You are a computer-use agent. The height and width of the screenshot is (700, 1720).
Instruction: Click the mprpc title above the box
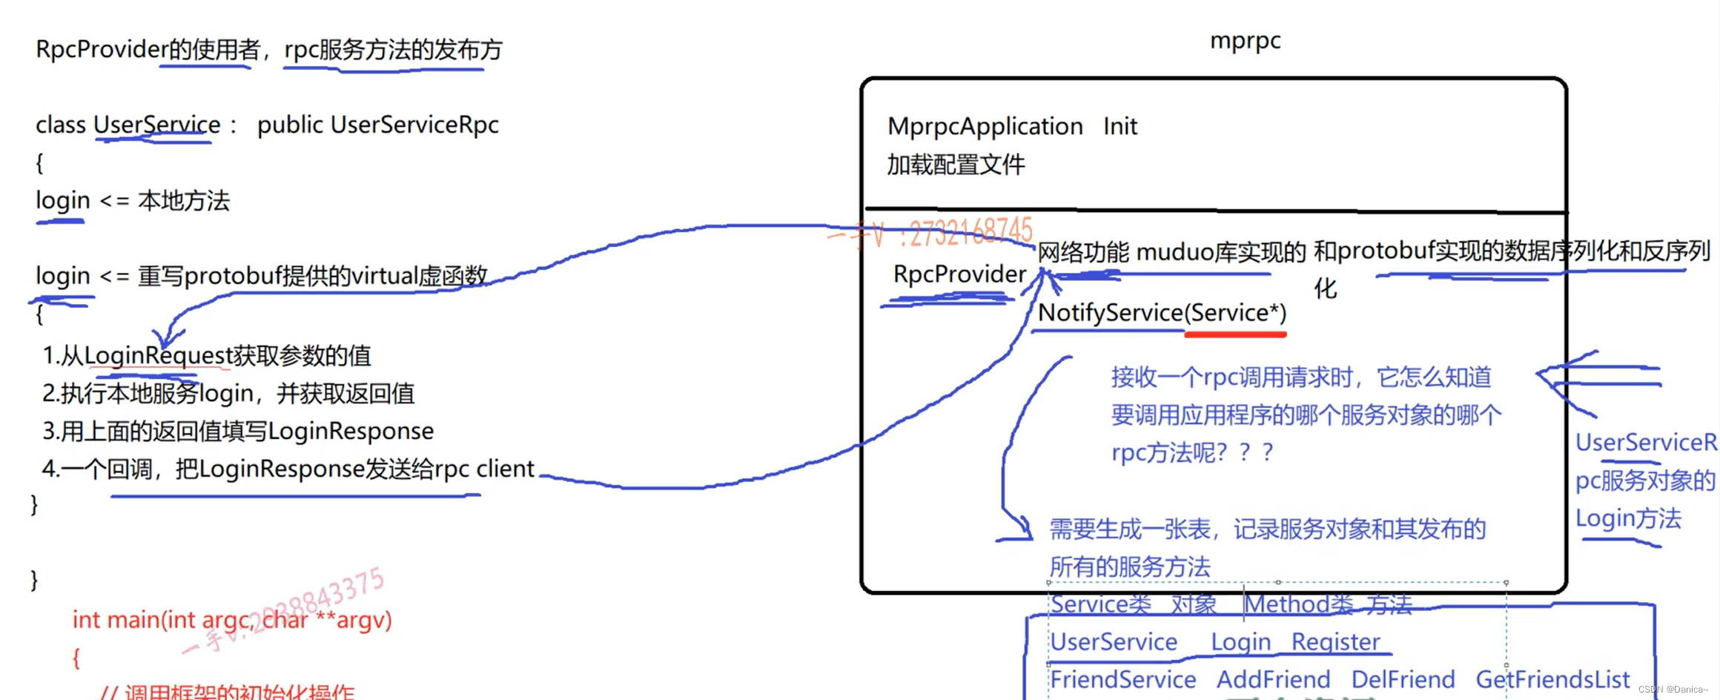tap(1245, 41)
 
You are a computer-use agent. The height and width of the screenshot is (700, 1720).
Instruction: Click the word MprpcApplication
tap(985, 127)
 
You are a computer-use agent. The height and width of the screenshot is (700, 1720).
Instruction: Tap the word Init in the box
tap(1119, 127)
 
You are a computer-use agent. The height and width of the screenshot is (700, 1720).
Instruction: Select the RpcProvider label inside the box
tap(959, 274)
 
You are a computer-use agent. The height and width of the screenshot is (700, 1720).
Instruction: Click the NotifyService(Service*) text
tap(1161, 313)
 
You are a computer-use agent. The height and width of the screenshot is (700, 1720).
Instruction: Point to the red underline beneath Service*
tap(1235, 335)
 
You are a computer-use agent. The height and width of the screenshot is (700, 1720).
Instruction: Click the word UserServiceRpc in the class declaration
tap(414, 125)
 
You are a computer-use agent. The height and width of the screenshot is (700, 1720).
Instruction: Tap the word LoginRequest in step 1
tap(159, 356)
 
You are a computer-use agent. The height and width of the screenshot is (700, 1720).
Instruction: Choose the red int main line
tap(231, 619)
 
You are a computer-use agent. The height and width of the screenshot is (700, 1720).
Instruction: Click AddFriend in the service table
tap(1273, 679)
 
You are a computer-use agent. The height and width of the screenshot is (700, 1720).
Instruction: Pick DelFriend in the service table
tap(1402, 679)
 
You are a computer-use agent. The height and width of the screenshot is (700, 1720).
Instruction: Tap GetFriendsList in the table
tap(1552, 679)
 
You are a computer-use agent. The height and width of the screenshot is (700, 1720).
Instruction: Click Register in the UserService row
tap(1335, 641)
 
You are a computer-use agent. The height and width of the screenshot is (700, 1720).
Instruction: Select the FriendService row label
tap(1122, 679)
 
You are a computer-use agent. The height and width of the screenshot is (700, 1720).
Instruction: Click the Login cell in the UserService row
tap(1240, 641)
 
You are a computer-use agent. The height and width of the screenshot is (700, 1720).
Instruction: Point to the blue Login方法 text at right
tap(1627, 518)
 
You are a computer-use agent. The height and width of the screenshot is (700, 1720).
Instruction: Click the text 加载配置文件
tap(956, 165)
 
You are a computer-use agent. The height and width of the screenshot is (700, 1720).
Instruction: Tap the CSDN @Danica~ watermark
tap(1673, 690)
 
